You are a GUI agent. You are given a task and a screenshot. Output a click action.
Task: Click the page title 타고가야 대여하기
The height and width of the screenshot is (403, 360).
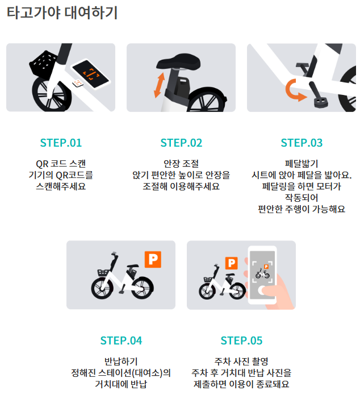coord(62,13)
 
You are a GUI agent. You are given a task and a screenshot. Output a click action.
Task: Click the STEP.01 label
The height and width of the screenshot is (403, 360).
coord(61,143)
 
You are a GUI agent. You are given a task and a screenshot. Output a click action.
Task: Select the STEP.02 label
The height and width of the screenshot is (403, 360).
coord(181,143)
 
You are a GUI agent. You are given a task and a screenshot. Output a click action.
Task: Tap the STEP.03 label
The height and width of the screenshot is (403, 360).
coord(302,143)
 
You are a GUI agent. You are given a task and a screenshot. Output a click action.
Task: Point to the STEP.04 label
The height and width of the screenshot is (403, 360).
coord(121,340)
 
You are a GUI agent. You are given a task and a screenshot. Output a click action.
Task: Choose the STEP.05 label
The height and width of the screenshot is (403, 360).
coord(241,340)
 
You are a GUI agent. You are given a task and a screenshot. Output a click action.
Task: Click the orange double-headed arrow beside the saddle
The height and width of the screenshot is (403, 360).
coord(159,85)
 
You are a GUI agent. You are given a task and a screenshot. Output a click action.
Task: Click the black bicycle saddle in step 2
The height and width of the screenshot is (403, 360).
coord(178,62)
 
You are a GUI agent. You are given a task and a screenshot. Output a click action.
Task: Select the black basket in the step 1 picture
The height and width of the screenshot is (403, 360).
coord(43,65)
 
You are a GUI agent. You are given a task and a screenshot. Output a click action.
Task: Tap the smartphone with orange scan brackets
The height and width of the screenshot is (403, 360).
coord(90,74)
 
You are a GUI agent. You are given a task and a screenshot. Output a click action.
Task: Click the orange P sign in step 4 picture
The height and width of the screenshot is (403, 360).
coord(153,259)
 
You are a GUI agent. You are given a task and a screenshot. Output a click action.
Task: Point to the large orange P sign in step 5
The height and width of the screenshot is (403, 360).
coord(231,263)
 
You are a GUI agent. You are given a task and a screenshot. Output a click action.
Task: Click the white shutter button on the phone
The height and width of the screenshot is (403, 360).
coord(262,290)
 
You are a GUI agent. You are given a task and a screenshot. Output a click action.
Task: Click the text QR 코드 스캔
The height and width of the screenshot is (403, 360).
coord(61,164)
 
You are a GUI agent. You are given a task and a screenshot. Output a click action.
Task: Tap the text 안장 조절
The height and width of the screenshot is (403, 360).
coord(181,164)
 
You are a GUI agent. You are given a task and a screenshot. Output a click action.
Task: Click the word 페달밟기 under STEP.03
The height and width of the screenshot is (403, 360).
coord(302,164)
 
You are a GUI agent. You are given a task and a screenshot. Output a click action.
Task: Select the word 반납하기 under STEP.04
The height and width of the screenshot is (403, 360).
coord(121,362)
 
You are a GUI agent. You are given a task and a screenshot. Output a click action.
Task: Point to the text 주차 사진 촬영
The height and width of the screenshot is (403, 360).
coord(241,362)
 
